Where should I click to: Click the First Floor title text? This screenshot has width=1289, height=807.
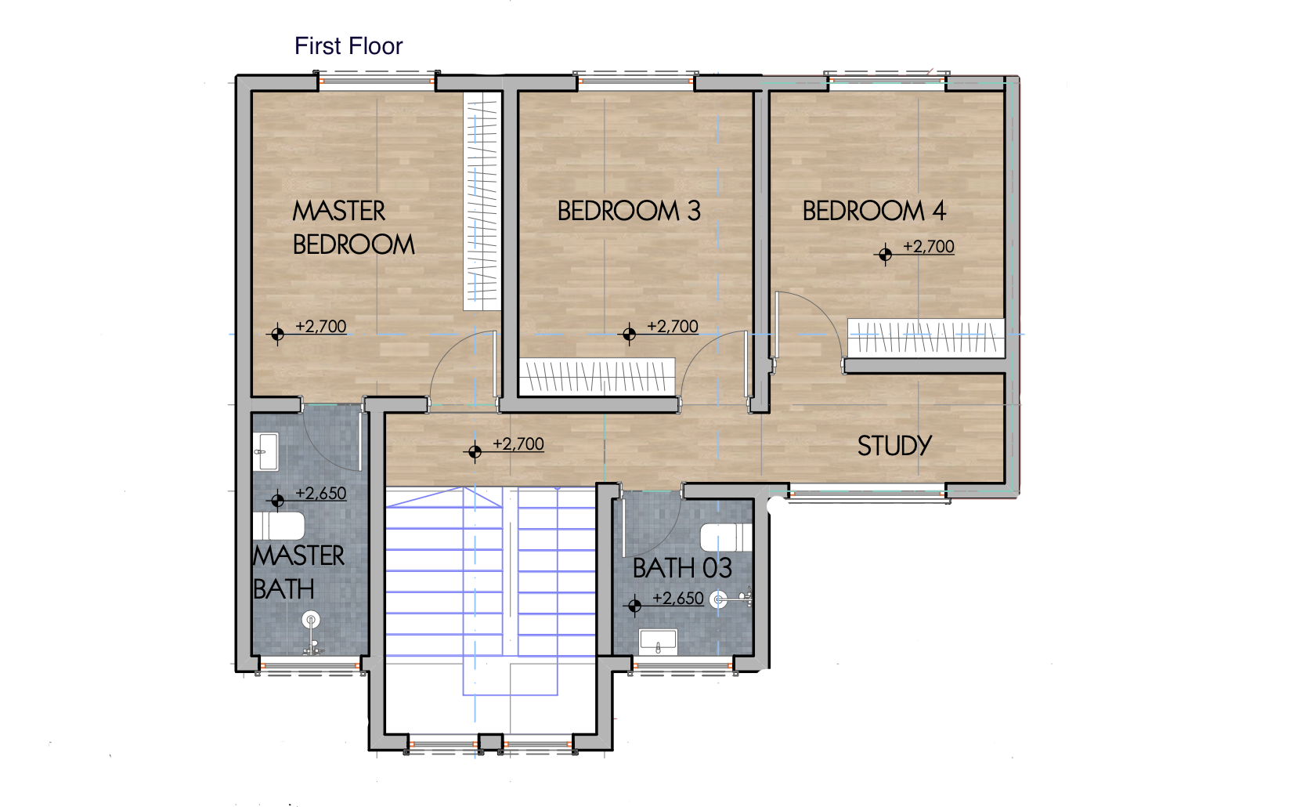pos(348,46)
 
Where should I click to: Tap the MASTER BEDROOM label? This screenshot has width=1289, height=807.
pos(352,227)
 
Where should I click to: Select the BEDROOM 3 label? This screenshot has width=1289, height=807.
pos(629,211)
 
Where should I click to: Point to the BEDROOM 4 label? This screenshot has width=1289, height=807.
pos(874,211)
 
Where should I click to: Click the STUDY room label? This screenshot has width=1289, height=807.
pos(894,446)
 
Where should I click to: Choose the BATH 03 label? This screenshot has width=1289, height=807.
pos(682,568)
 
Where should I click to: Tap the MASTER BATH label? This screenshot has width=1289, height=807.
pos(298,572)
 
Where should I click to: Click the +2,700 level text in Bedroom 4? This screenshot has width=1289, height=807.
pos(929,246)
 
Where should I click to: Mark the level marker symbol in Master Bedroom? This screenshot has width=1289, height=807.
pos(277,335)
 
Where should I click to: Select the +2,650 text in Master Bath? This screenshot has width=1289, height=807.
pos(321,493)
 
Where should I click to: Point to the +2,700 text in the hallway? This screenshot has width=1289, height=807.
pos(518,443)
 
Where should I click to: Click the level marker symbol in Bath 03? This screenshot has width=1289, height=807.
pos(634,606)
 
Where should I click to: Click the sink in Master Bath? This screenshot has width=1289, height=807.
pos(265,451)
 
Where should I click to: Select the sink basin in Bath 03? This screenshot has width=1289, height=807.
pos(658,642)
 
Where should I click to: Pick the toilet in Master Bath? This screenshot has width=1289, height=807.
pos(279,526)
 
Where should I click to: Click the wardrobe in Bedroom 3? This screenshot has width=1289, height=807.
pos(598,377)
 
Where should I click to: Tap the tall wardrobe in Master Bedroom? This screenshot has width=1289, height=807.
pos(482,201)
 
